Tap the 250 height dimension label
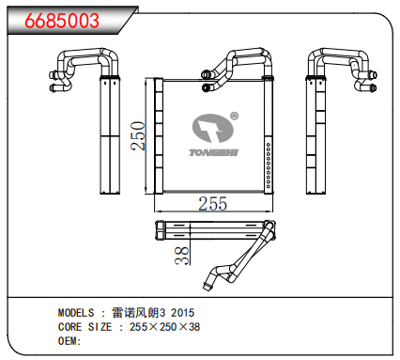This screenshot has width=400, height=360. pyautogui.click(x=137, y=137)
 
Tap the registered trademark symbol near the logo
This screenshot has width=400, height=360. pyautogui.click(x=234, y=117)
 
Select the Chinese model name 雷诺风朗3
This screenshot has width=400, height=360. pyautogui.click(x=136, y=312)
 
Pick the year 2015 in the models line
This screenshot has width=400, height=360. pyautogui.click(x=183, y=312)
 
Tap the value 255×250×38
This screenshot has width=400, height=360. pyautogui.click(x=163, y=326)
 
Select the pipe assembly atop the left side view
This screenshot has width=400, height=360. pyautogui.click(x=80, y=69)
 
